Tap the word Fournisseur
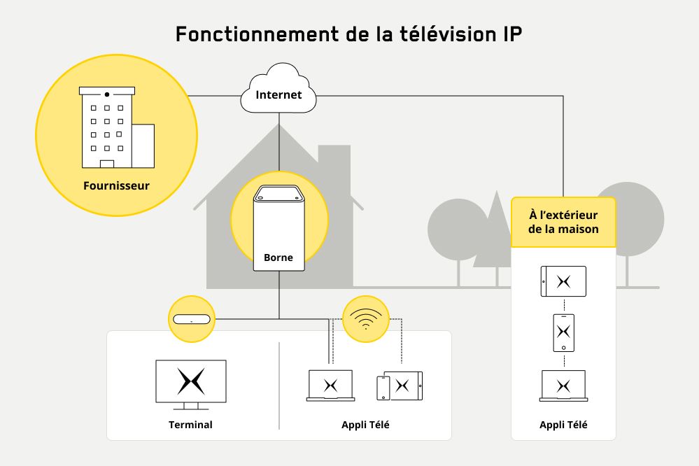pos(116,186)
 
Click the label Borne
pos(278,258)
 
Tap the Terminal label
pos(190,425)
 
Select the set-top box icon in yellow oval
pos(191,320)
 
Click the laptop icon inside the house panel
pos(331,386)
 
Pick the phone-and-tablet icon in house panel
pos(400,386)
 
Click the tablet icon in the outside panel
pos(563,281)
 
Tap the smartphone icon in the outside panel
pos(563,332)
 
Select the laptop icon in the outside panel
pos(563,386)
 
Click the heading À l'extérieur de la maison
pos(563,222)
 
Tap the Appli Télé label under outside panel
pos(563,425)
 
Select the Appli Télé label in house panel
pos(365,425)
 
